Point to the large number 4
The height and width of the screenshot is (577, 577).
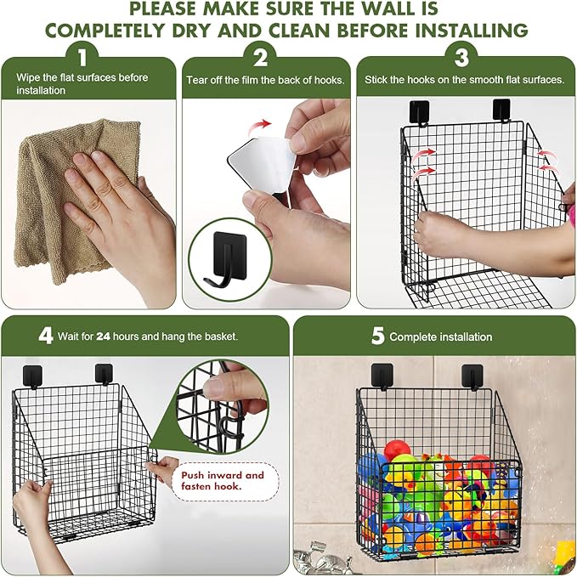[x=45, y=335]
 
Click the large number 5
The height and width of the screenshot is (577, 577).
[x=377, y=336]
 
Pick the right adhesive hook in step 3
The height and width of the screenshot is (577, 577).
[x=502, y=110]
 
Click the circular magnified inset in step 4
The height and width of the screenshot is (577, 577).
[x=223, y=408]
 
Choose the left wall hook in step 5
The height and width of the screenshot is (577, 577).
[x=382, y=375]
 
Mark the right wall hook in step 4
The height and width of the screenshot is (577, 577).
[x=105, y=373]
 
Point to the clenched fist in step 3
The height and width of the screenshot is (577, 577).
[x=438, y=234]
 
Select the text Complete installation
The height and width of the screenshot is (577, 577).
[x=440, y=337]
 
